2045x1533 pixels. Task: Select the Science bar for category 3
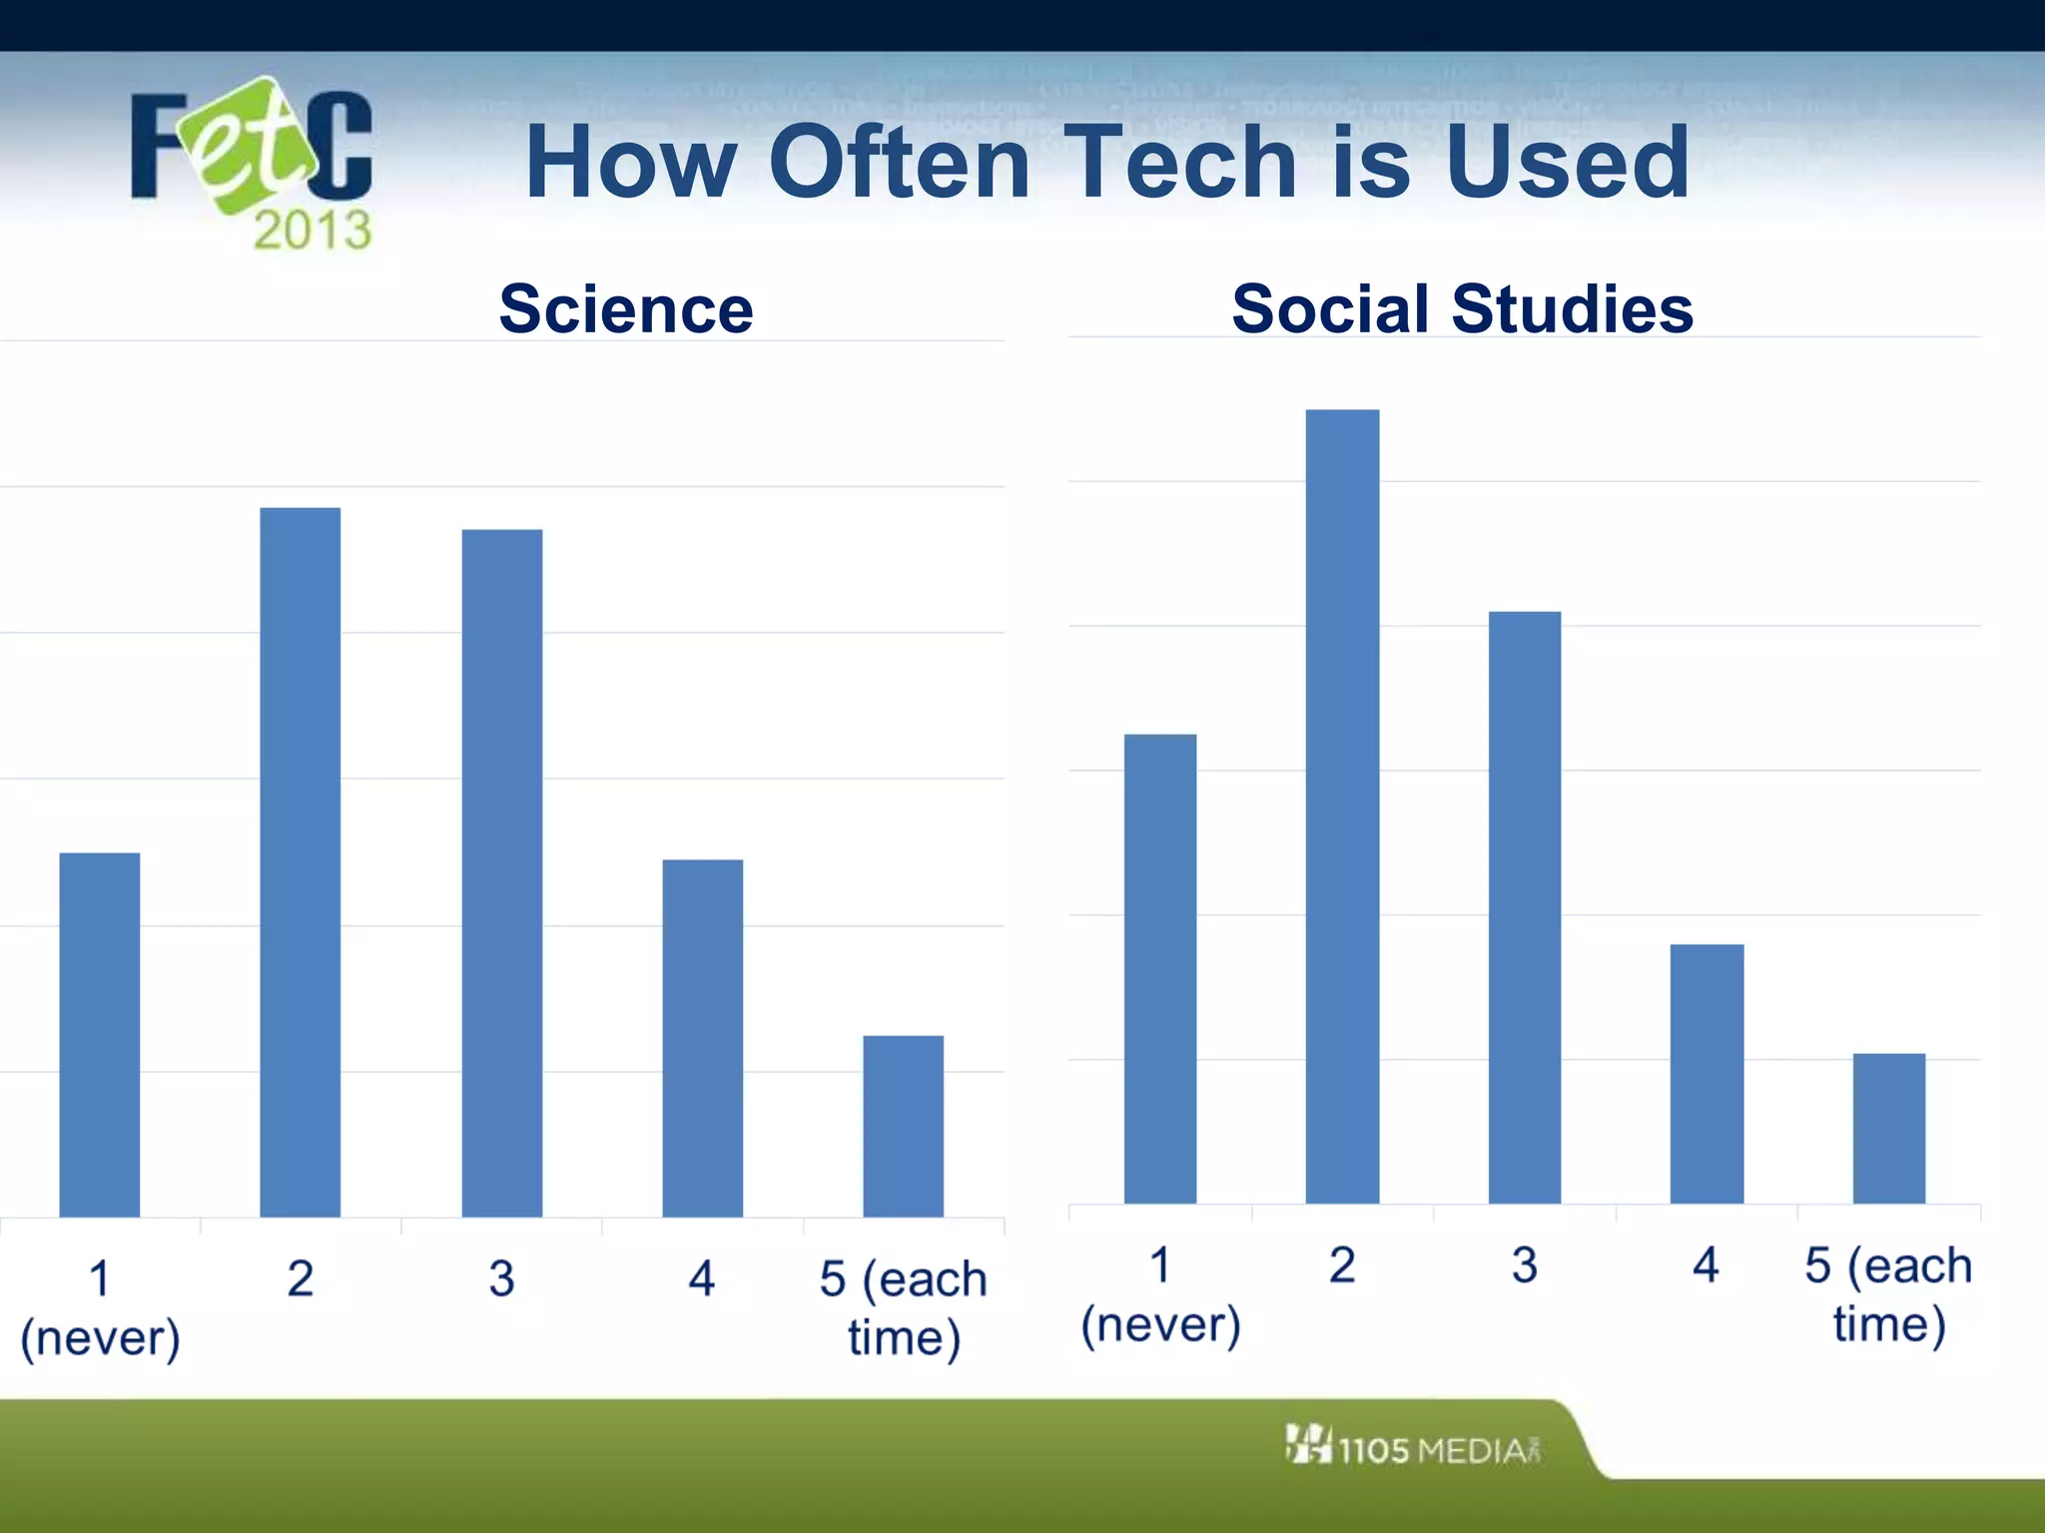pos(501,873)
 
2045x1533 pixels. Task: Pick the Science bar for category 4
pos(702,1038)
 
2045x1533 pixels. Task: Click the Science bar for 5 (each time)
pos(903,1126)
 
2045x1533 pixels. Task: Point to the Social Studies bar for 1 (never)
pos(1160,968)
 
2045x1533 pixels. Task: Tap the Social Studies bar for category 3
pos(1524,907)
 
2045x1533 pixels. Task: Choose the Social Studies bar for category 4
pos(1706,1073)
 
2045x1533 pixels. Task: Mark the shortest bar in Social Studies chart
pos(1888,1128)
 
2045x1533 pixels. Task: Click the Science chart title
pos(626,308)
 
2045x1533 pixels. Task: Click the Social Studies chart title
pos(1462,308)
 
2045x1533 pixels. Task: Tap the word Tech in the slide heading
pos(1182,162)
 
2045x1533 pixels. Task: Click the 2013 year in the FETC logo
pos(312,231)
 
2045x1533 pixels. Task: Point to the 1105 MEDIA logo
pos(1413,1447)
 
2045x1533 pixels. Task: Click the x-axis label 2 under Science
pos(300,1278)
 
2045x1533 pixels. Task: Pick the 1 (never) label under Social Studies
pos(1160,1294)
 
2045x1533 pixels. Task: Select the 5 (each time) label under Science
pos(903,1307)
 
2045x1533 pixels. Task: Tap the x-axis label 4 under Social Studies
pos(1705,1265)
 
